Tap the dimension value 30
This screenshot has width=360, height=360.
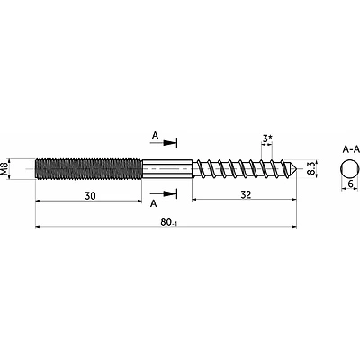[x=90, y=196]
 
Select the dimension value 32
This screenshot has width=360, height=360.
[x=246, y=195]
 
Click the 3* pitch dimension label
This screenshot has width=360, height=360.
[x=267, y=139]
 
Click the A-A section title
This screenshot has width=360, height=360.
[x=351, y=149]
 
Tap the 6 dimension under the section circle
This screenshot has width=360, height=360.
[x=351, y=184]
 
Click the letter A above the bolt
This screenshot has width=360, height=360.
[x=155, y=136]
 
